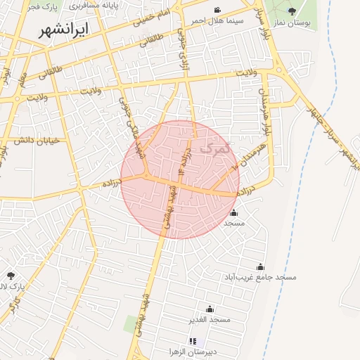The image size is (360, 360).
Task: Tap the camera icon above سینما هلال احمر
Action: click(218, 10)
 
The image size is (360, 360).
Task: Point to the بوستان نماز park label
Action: click(292, 23)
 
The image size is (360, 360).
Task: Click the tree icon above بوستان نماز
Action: click(292, 11)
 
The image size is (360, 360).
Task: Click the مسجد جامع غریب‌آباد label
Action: click(261, 277)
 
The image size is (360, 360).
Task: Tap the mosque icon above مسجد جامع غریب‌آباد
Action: click(261, 266)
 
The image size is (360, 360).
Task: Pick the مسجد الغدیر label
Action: click(209, 319)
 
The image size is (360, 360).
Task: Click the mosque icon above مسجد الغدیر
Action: click(209, 309)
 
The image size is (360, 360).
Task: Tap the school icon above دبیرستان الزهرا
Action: click(193, 341)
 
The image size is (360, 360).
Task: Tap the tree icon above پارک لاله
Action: click(11, 276)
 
